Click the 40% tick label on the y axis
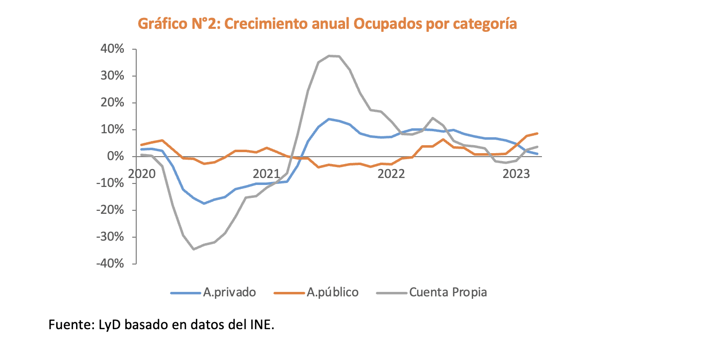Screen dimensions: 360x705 click(113, 49)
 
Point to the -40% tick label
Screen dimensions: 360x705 click(110, 264)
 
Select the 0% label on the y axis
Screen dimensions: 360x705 click(116, 157)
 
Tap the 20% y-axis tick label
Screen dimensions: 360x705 click(113, 103)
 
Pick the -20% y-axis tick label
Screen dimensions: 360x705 click(110, 210)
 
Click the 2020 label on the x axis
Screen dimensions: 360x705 click(142, 174)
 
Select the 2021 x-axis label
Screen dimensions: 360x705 click(266, 174)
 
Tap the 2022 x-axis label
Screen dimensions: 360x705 click(391, 174)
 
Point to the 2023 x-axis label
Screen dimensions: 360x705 click(516, 174)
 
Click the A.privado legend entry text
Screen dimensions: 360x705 click(229, 292)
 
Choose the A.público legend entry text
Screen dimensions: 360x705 click(332, 292)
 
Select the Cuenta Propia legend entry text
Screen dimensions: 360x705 click(448, 292)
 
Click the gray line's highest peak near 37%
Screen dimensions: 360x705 click(329, 56)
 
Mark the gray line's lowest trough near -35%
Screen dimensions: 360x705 click(193, 249)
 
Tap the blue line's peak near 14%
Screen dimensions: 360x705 click(329, 119)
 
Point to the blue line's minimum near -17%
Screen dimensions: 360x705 click(204, 203)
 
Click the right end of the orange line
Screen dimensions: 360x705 click(537, 133)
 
